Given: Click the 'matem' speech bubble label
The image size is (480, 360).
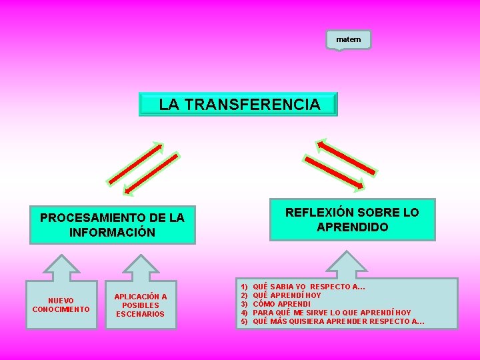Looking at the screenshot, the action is tap(348, 39).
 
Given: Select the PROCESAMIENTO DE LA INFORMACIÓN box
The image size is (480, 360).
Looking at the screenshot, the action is tap(113, 225).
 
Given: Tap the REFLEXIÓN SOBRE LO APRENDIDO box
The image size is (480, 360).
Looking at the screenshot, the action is tap(352, 219).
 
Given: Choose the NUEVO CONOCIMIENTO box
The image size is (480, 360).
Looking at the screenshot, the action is tap(61, 305).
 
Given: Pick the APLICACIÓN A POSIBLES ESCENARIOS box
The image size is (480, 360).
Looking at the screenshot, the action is tap(141, 305).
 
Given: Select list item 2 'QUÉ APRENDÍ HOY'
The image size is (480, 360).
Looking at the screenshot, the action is tap(287, 295).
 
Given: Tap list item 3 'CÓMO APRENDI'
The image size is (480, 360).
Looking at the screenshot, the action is tap(281, 304).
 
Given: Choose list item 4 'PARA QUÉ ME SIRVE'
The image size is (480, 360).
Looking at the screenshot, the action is tap(331, 313).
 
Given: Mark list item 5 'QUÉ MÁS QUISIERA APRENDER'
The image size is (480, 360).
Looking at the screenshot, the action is tap(339, 321).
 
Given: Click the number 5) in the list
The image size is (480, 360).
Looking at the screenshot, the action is tap(244, 321).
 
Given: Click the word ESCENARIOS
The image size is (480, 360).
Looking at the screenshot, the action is tap(141, 314).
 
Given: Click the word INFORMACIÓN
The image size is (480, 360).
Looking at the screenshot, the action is tap(112, 233).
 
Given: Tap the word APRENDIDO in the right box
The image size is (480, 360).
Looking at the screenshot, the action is tap(353, 227).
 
